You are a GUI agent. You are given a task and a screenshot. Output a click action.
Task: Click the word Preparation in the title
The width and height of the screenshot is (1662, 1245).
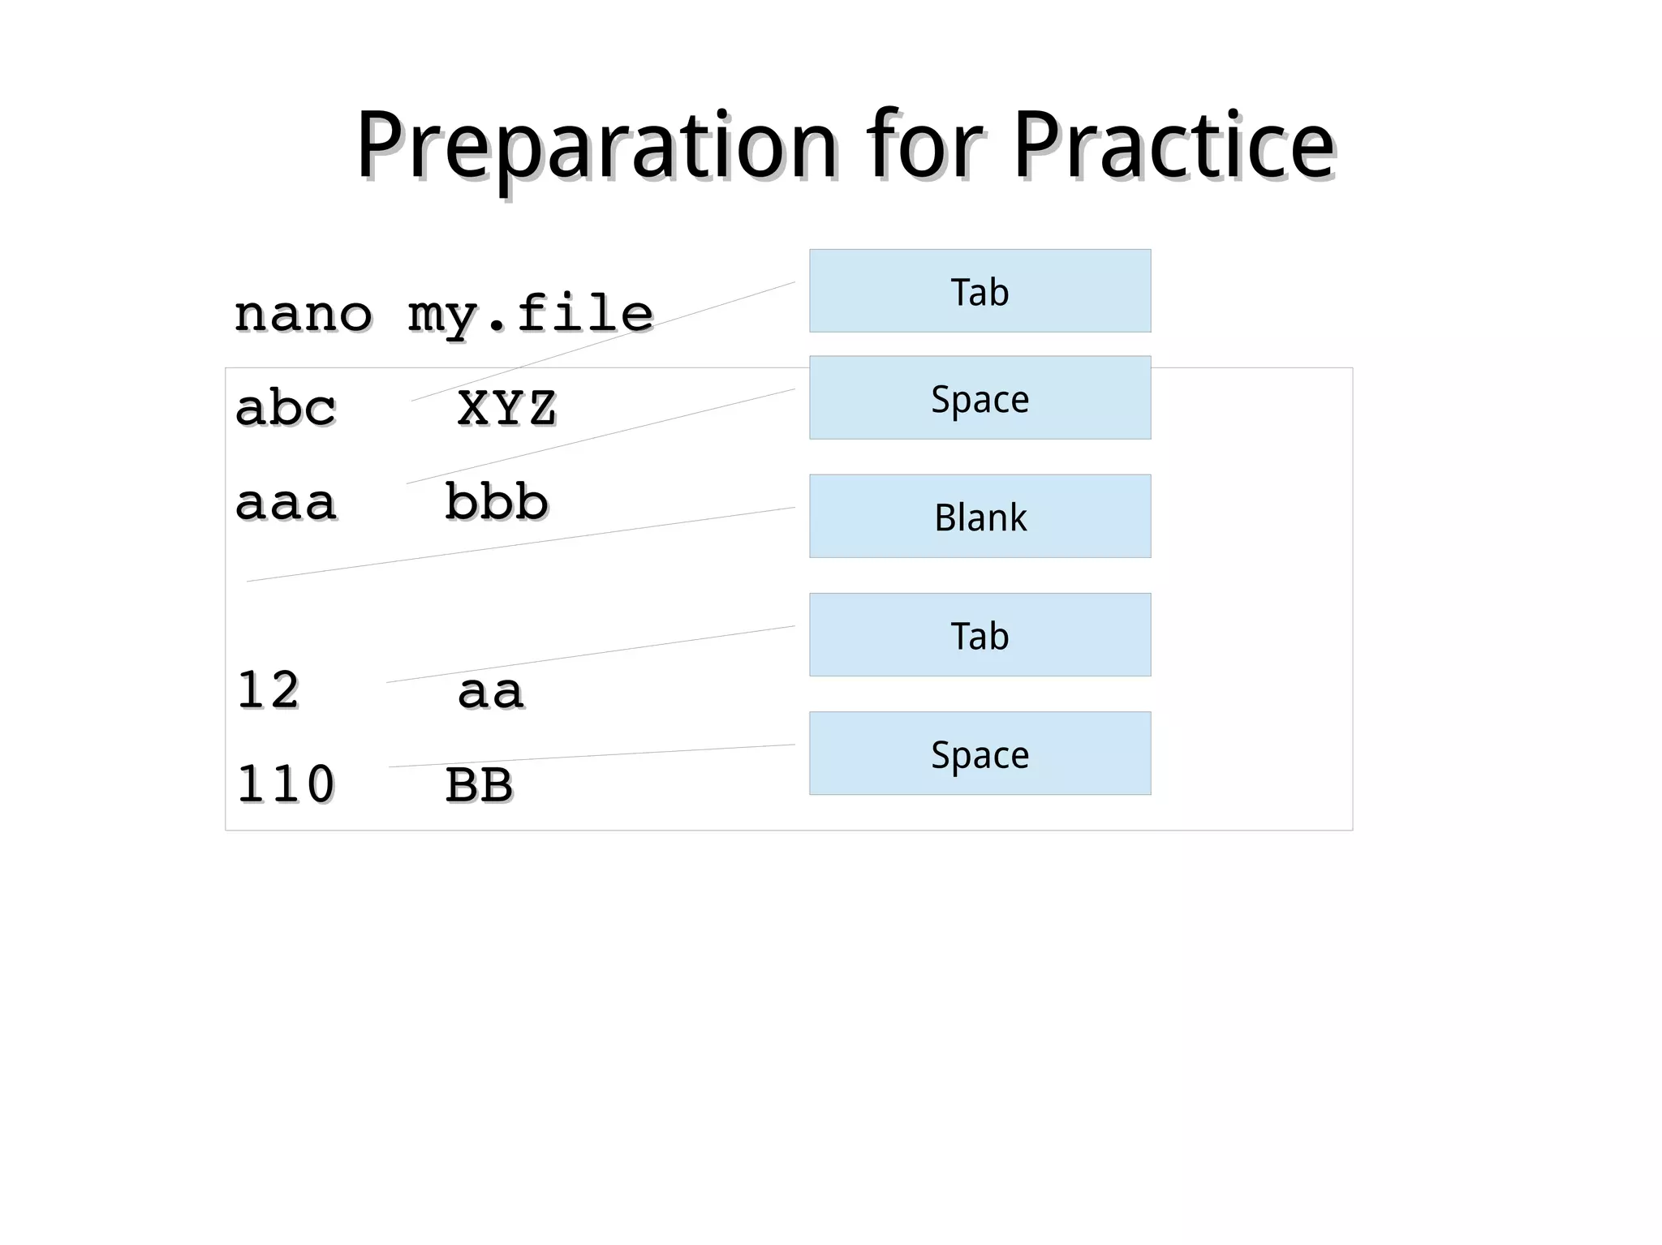(596, 148)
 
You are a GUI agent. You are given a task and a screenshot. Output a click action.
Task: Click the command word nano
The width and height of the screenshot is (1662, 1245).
(303, 314)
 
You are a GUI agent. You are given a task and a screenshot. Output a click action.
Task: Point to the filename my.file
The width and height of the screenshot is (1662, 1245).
(530, 315)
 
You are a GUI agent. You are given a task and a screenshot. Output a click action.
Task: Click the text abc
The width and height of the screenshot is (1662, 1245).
(285, 408)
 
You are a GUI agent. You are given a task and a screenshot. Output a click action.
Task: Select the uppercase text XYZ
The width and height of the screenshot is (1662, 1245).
(506, 408)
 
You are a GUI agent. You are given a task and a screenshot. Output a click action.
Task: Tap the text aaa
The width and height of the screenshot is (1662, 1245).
(285, 503)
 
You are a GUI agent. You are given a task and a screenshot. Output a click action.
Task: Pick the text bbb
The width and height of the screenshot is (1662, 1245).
(497, 502)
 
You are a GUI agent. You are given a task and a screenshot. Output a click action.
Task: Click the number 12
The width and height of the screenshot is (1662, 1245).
(268, 691)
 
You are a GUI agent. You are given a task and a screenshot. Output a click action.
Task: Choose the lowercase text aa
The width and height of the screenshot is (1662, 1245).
(490, 692)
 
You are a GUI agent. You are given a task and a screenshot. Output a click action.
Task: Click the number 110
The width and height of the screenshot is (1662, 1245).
(285, 785)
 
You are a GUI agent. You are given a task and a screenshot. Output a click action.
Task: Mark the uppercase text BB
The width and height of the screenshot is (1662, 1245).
(479, 786)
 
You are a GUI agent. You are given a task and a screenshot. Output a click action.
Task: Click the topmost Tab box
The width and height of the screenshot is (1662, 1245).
(980, 291)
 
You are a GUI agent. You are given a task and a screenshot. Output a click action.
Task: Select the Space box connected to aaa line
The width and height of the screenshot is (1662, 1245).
(980, 398)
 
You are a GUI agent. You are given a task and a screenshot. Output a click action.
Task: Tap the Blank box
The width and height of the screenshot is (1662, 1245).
(980, 517)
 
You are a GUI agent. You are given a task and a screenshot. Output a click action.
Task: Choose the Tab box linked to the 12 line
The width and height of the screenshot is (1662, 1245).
(980, 635)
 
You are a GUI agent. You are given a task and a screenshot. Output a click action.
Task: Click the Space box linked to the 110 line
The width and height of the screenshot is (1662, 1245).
(980, 753)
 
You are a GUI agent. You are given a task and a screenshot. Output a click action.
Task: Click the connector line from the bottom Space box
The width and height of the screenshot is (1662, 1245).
(592, 756)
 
